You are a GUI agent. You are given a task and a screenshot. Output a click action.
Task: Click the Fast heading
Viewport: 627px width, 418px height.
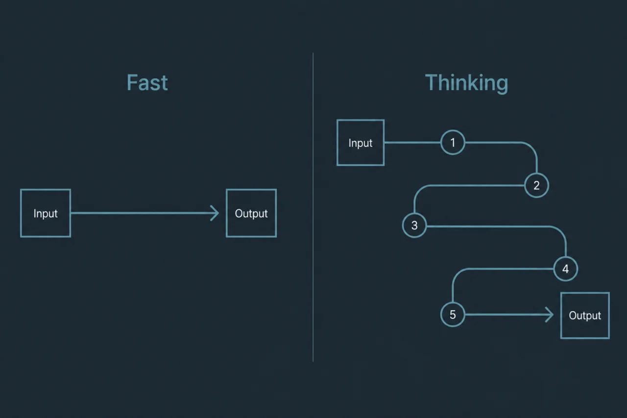point(147,83)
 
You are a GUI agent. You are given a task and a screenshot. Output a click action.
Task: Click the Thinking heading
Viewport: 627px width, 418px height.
point(467,83)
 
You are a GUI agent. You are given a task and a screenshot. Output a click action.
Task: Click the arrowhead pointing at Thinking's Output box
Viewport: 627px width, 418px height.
point(552,315)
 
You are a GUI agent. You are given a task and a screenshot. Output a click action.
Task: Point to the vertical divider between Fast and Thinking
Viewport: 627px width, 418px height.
point(313,207)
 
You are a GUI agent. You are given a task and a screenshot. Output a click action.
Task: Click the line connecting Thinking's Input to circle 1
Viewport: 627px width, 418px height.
point(412,143)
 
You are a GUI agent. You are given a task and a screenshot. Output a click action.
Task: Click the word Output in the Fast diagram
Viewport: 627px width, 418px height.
point(251,214)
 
